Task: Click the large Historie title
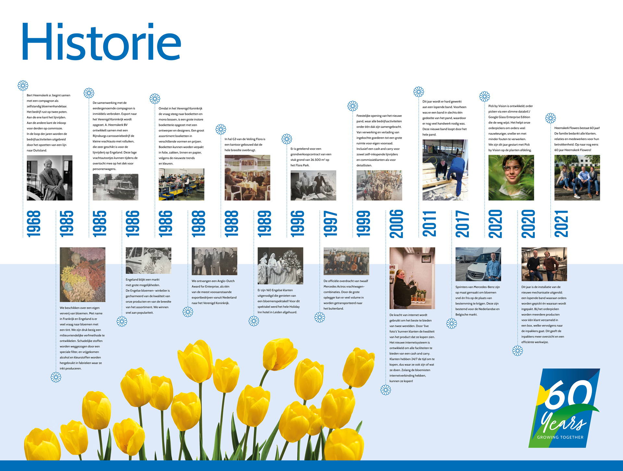101,41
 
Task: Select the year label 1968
34,223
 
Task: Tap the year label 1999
363,223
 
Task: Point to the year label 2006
397,223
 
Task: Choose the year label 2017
462,223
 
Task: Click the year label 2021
561,223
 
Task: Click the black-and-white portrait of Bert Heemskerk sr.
50,178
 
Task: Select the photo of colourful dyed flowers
82,275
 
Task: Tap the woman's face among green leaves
511,178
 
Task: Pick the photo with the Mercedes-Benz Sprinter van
478,264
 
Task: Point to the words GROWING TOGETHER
560,437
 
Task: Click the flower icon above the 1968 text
23,86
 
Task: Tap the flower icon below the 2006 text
386,390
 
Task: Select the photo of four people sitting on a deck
577,178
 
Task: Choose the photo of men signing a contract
313,186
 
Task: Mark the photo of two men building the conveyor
445,170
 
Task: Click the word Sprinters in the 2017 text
462,287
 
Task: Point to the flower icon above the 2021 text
551,118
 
